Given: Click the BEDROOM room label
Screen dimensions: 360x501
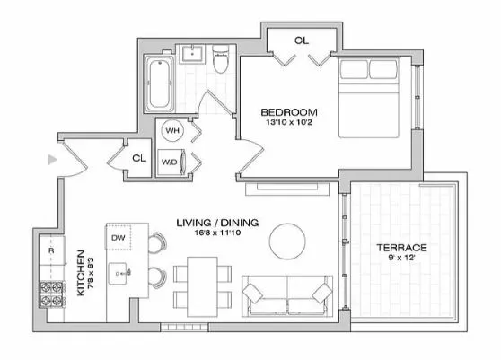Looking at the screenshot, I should pyautogui.click(x=285, y=112).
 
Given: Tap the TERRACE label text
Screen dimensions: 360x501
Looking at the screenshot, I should pyautogui.click(x=401, y=247).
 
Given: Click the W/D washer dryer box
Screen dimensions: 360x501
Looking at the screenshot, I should pyautogui.click(x=169, y=162).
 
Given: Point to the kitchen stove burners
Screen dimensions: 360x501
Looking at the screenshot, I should pyautogui.click(x=49, y=292).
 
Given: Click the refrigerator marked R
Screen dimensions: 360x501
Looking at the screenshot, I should pyautogui.click(x=51, y=250).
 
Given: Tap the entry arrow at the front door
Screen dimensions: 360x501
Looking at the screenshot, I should pyautogui.click(x=53, y=160).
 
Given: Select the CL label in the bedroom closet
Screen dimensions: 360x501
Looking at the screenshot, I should pyautogui.click(x=301, y=40).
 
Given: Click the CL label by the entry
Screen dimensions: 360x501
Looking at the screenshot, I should pyautogui.click(x=138, y=158).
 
